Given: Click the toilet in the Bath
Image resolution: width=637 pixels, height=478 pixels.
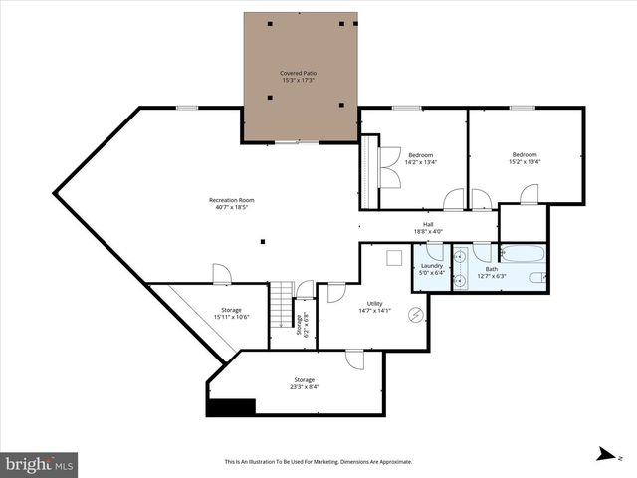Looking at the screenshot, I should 537,278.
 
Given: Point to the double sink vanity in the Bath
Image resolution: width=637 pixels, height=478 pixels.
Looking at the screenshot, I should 459,269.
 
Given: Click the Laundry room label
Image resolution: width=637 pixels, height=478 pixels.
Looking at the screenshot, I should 431,269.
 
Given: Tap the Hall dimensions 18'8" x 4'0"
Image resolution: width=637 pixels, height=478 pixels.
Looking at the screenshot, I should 428,232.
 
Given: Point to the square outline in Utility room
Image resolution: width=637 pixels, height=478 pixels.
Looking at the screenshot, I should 392,259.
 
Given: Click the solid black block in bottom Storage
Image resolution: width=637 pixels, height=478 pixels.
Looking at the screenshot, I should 230,406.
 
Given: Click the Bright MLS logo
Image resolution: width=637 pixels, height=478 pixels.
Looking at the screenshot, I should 40,464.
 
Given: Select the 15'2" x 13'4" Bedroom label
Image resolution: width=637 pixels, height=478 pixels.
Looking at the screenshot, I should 525,158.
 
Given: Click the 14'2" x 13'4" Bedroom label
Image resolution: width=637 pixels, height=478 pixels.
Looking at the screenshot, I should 420,159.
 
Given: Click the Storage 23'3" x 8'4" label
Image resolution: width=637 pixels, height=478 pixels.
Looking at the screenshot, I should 304,383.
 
